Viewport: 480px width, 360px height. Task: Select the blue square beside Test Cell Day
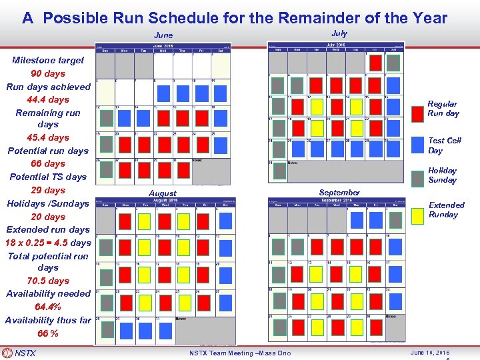click(418, 145)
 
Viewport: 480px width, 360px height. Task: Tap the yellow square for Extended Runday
click(418, 215)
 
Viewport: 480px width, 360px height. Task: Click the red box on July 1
click(375, 63)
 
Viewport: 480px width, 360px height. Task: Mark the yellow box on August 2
click(143, 221)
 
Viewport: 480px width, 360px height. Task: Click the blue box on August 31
click(162, 328)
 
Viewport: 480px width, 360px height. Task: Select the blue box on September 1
click(356, 219)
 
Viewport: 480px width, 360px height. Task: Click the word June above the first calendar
click(163, 35)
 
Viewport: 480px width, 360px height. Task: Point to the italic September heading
click(339, 193)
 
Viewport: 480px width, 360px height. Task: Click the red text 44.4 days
click(48, 99)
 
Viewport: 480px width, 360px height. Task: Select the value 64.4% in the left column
click(48, 307)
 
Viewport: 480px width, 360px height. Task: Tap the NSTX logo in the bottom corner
click(20, 353)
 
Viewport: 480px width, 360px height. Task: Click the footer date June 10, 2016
click(430, 353)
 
